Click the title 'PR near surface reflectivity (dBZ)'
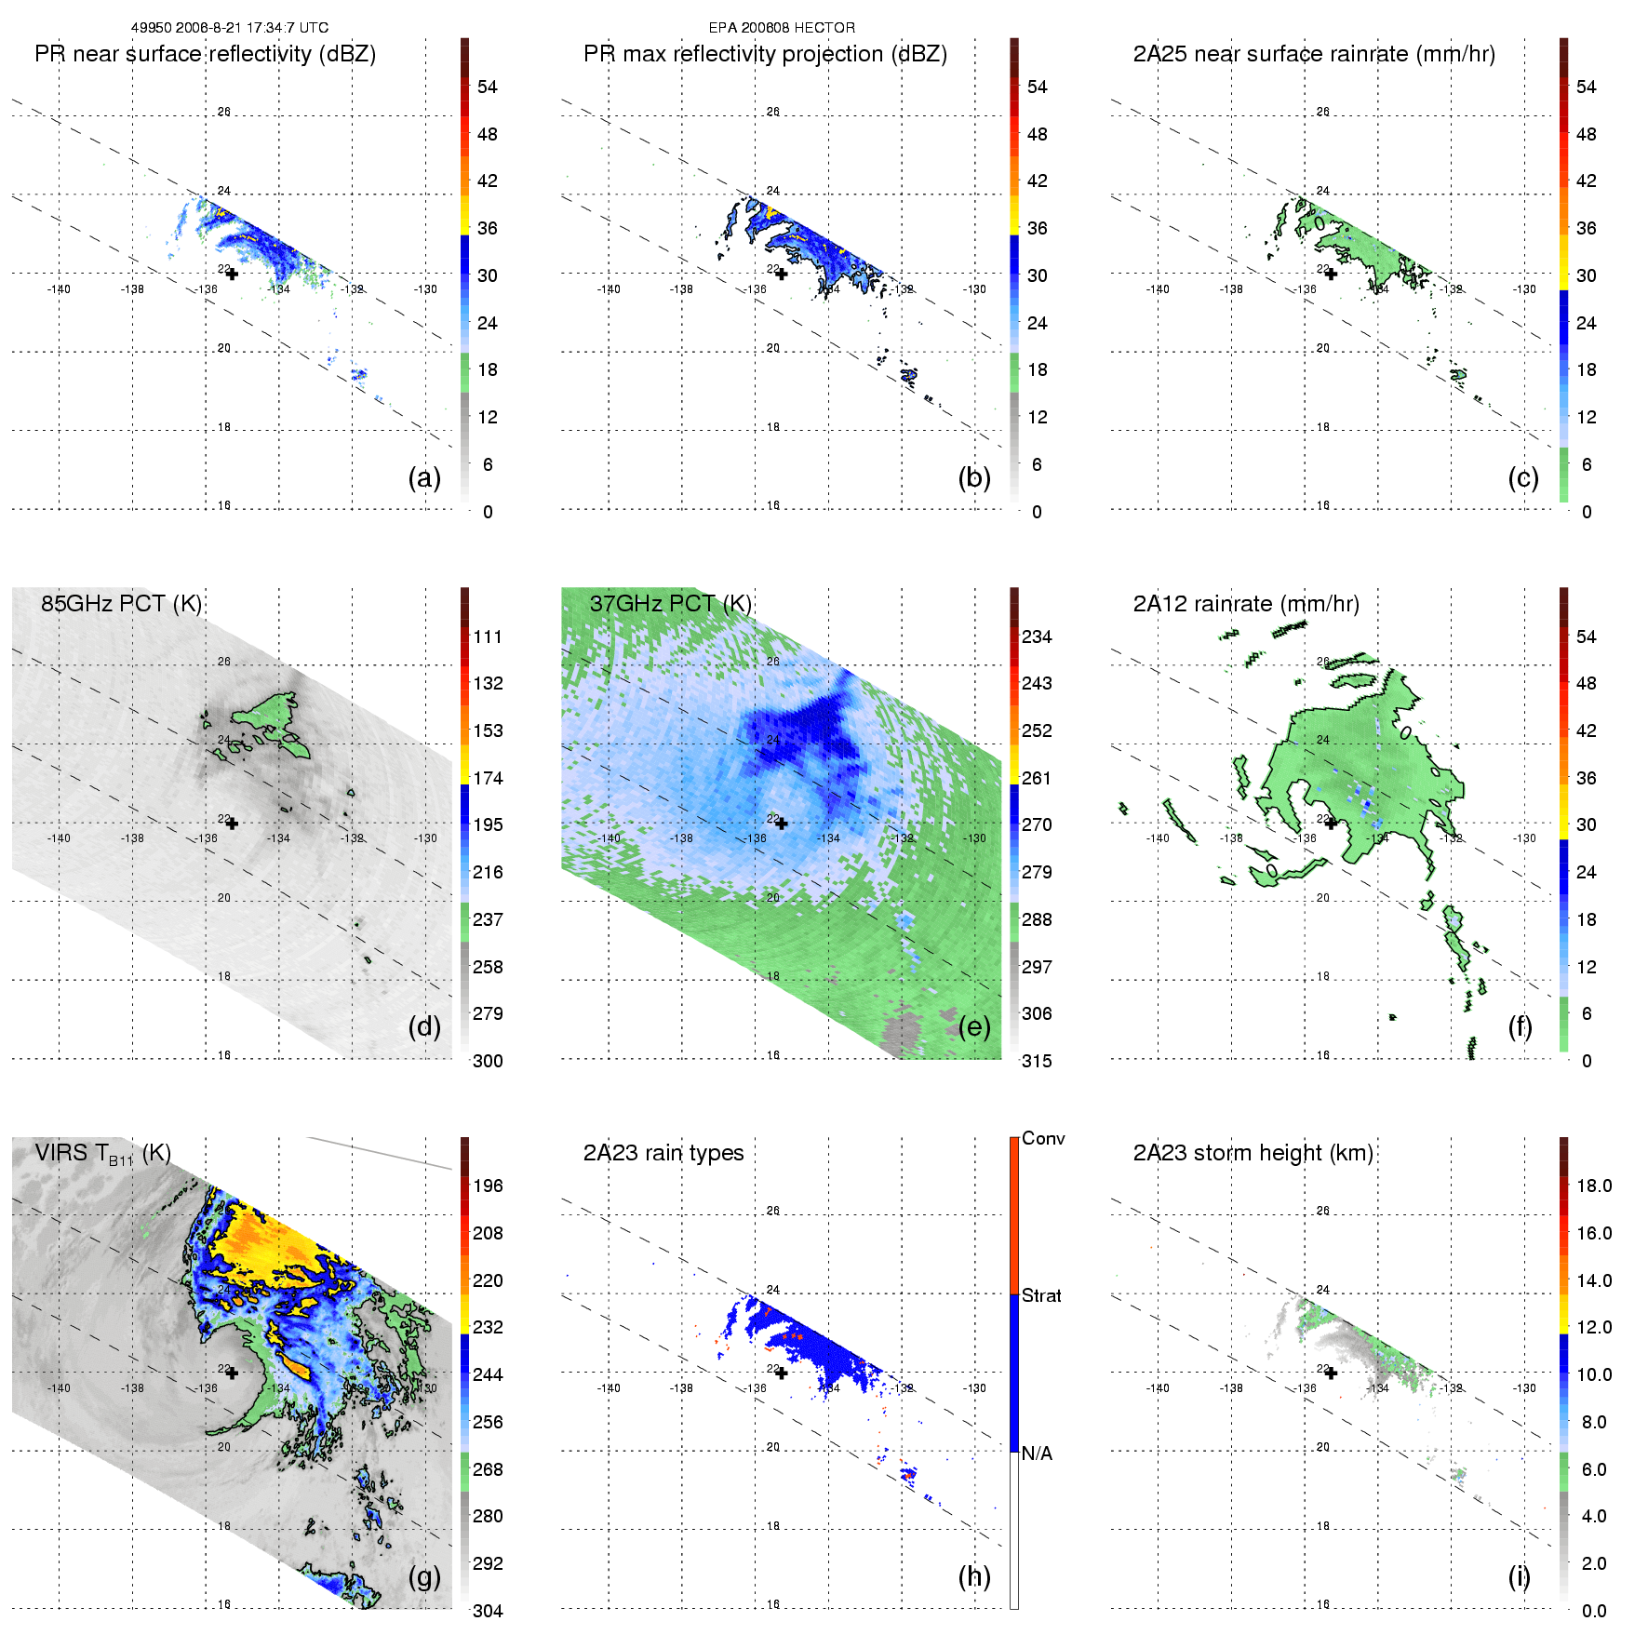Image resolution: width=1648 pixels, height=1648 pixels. (205, 54)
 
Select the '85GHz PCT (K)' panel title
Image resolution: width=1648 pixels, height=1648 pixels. (121, 603)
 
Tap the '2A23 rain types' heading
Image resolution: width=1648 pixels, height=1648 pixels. (663, 1153)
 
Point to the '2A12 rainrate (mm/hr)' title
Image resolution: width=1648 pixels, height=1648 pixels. (1246, 603)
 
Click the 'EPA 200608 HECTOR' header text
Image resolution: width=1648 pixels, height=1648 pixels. (782, 28)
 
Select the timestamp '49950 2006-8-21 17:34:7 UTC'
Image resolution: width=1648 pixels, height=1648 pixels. (229, 28)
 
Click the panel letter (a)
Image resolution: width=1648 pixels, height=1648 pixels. (424, 477)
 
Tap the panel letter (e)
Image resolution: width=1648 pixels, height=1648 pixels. (974, 1026)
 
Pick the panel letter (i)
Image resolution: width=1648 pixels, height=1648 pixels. (1519, 1576)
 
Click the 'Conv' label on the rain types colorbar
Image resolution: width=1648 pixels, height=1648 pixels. (1043, 1138)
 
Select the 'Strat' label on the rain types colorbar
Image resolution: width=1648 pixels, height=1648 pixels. (1041, 1295)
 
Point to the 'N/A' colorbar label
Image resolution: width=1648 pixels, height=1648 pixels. (1037, 1454)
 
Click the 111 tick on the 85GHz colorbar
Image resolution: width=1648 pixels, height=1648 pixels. (488, 636)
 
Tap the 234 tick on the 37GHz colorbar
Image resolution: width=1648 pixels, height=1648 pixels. (1037, 636)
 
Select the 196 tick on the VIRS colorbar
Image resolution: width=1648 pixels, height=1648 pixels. (488, 1186)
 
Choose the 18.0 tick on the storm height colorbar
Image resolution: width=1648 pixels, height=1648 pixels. (1593, 1186)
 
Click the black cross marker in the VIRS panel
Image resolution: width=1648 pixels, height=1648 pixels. (232, 1373)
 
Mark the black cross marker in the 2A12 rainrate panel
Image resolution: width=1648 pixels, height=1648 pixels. (1331, 823)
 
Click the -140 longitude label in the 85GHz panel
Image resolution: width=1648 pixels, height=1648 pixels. (59, 838)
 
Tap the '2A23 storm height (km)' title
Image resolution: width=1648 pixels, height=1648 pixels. (1253, 1153)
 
